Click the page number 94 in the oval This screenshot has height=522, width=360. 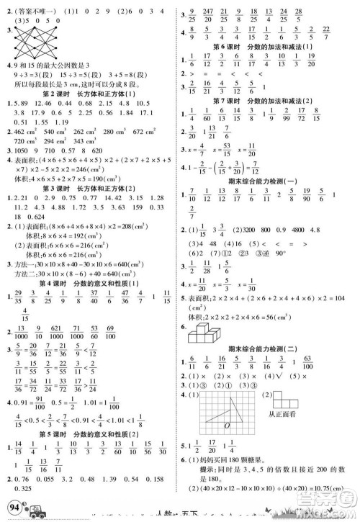(x=12, y=509)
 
